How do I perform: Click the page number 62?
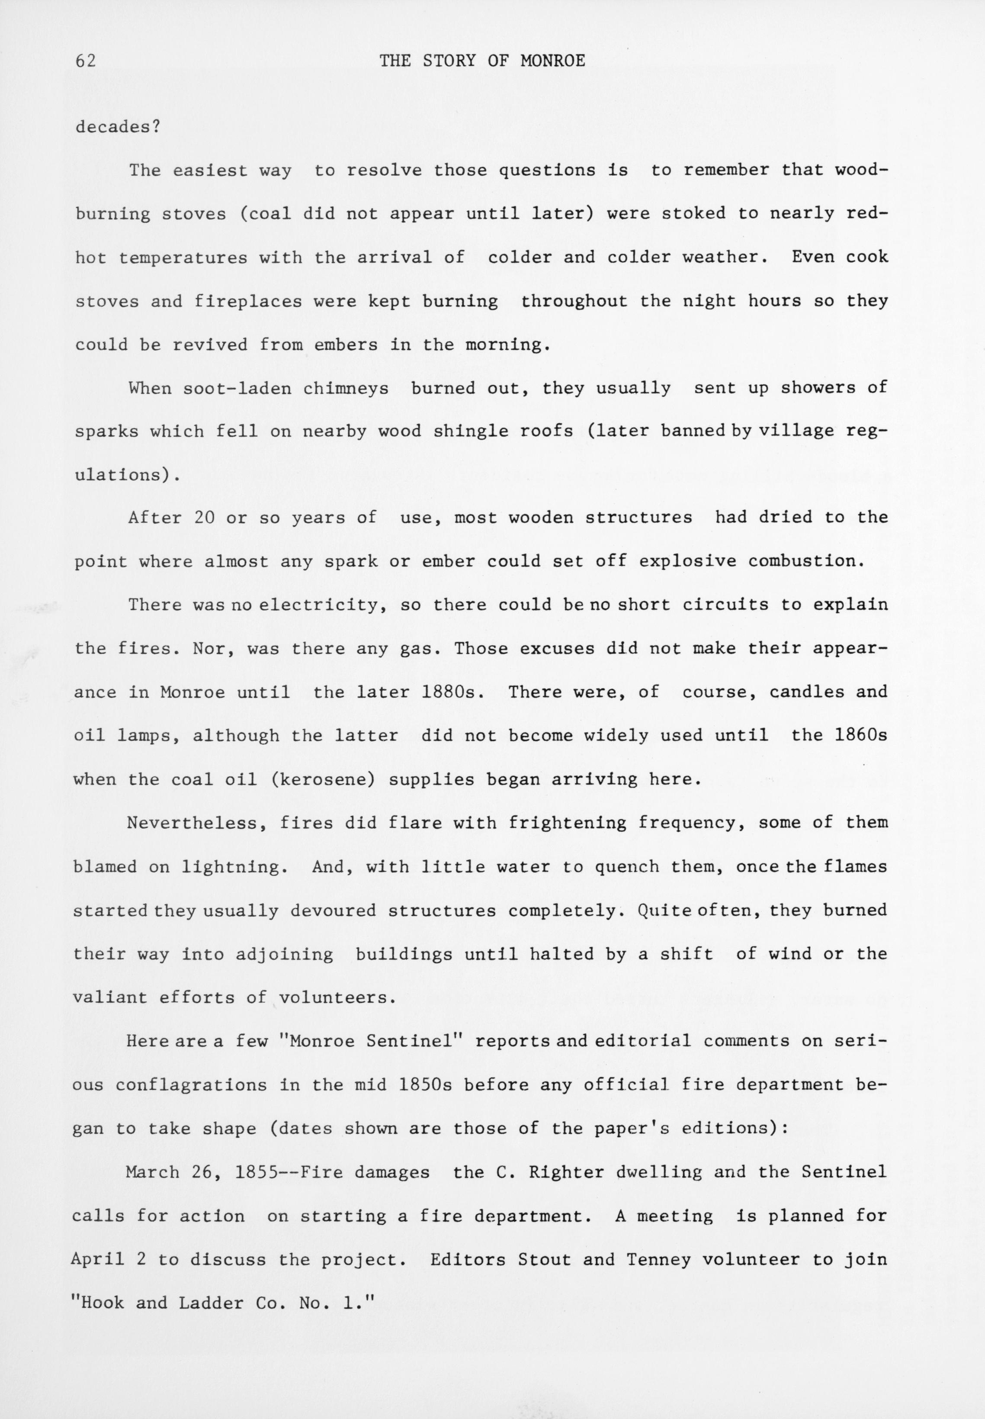(x=86, y=61)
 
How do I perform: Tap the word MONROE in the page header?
(x=552, y=61)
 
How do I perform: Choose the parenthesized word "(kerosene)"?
(x=323, y=779)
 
